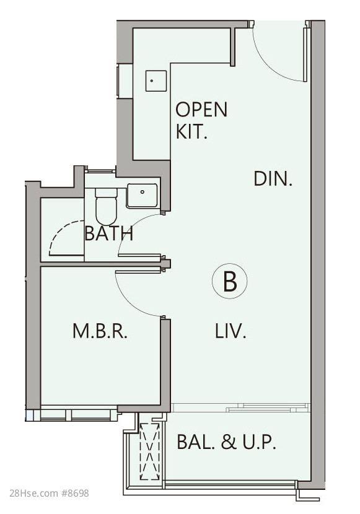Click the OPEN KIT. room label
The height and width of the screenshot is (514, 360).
(201, 120)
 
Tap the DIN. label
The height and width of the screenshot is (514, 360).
(273, 179)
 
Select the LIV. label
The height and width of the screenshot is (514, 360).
(230, 331)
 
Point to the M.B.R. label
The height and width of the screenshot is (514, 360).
(100, 331)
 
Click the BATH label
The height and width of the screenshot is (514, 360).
(109, 233)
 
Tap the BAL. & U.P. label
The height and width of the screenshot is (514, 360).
(226, 442)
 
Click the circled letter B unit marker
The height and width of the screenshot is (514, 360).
(229, 281)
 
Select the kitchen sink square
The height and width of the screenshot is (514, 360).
(156, 81)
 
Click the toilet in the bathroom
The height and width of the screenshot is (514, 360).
(106, 206)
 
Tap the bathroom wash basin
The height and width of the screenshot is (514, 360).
(142, 196)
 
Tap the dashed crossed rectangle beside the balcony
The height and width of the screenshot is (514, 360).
(150, 451)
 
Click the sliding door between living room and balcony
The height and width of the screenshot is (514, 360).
(240, 407)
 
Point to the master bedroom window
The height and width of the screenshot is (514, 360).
(79, 414)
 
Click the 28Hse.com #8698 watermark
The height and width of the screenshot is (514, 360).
(49, 493)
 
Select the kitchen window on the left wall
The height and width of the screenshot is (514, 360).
(118, 81)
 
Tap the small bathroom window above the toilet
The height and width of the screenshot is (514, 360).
(100, 170)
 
